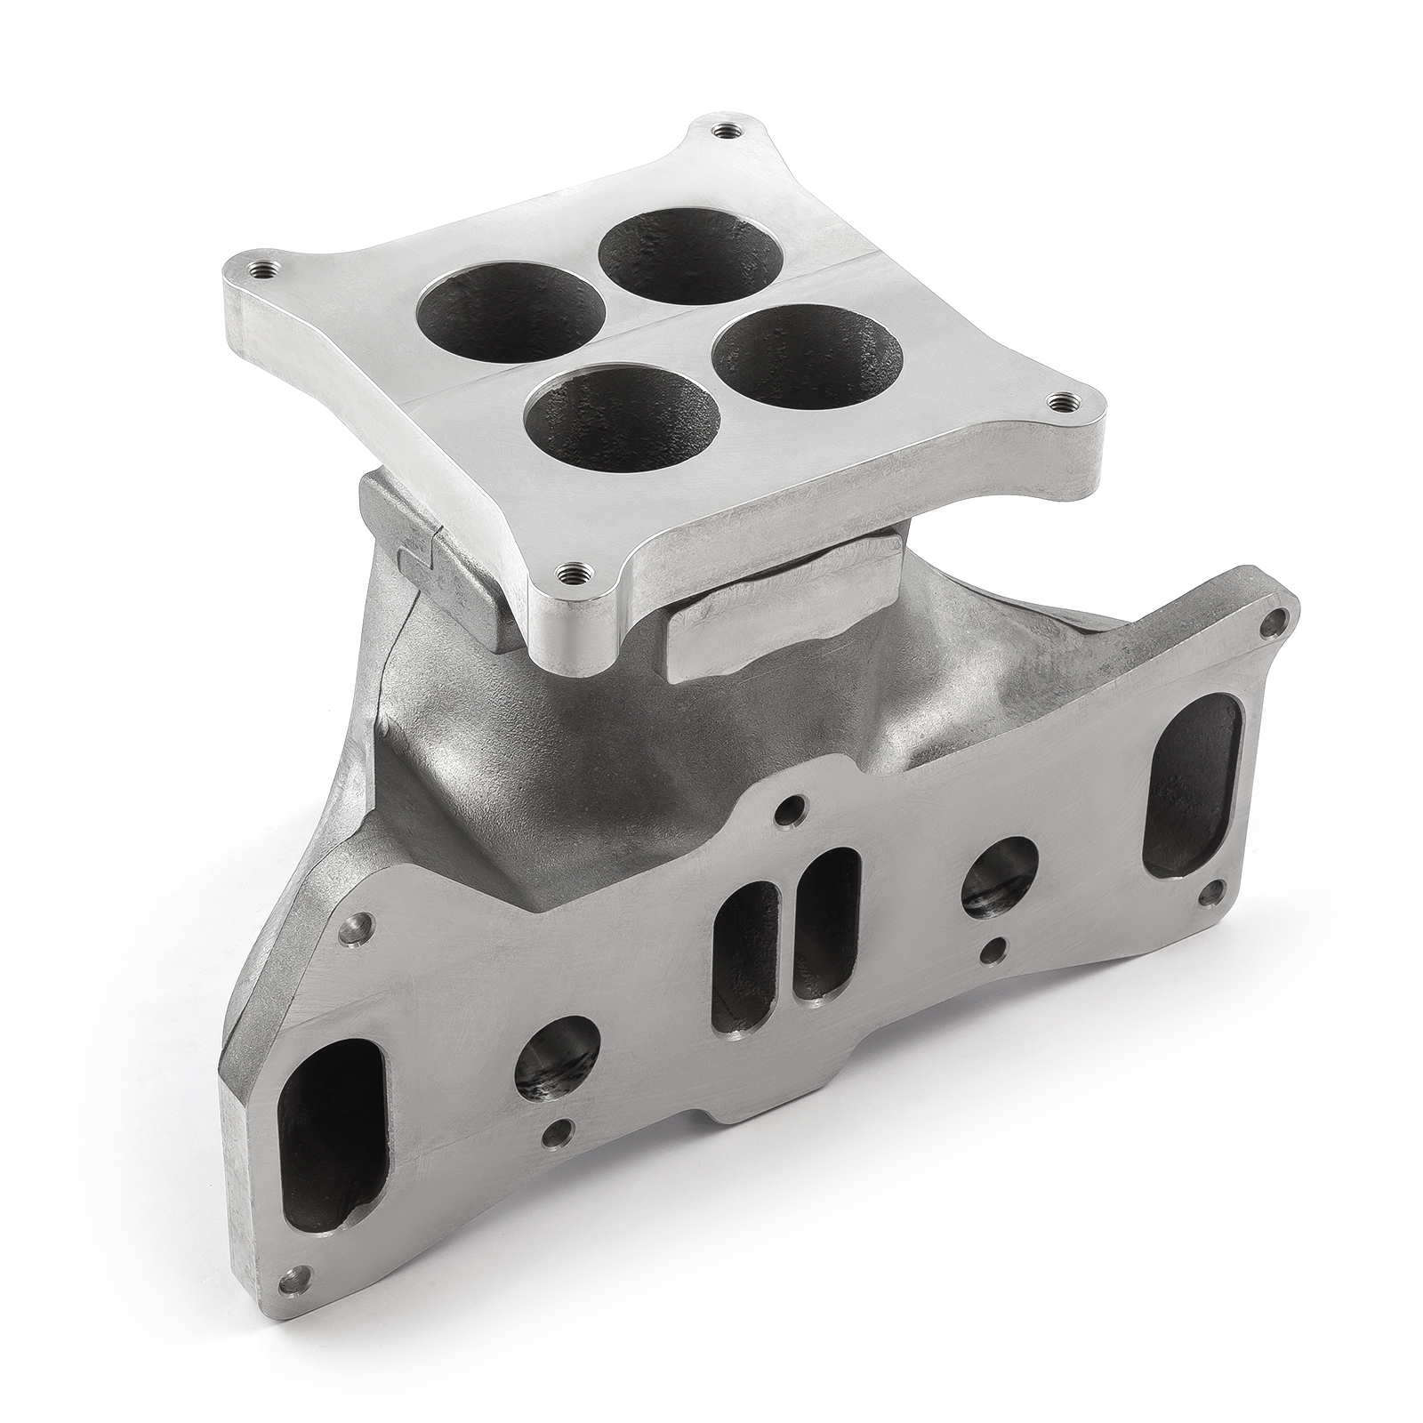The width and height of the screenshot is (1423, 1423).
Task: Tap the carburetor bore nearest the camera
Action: pyautogui.click(x=622, y=422)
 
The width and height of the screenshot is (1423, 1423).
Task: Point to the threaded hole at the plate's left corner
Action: pyautogui.click(x=261, y=268)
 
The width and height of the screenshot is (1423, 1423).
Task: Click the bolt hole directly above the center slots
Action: pyautogui.click(x=785, y=812)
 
